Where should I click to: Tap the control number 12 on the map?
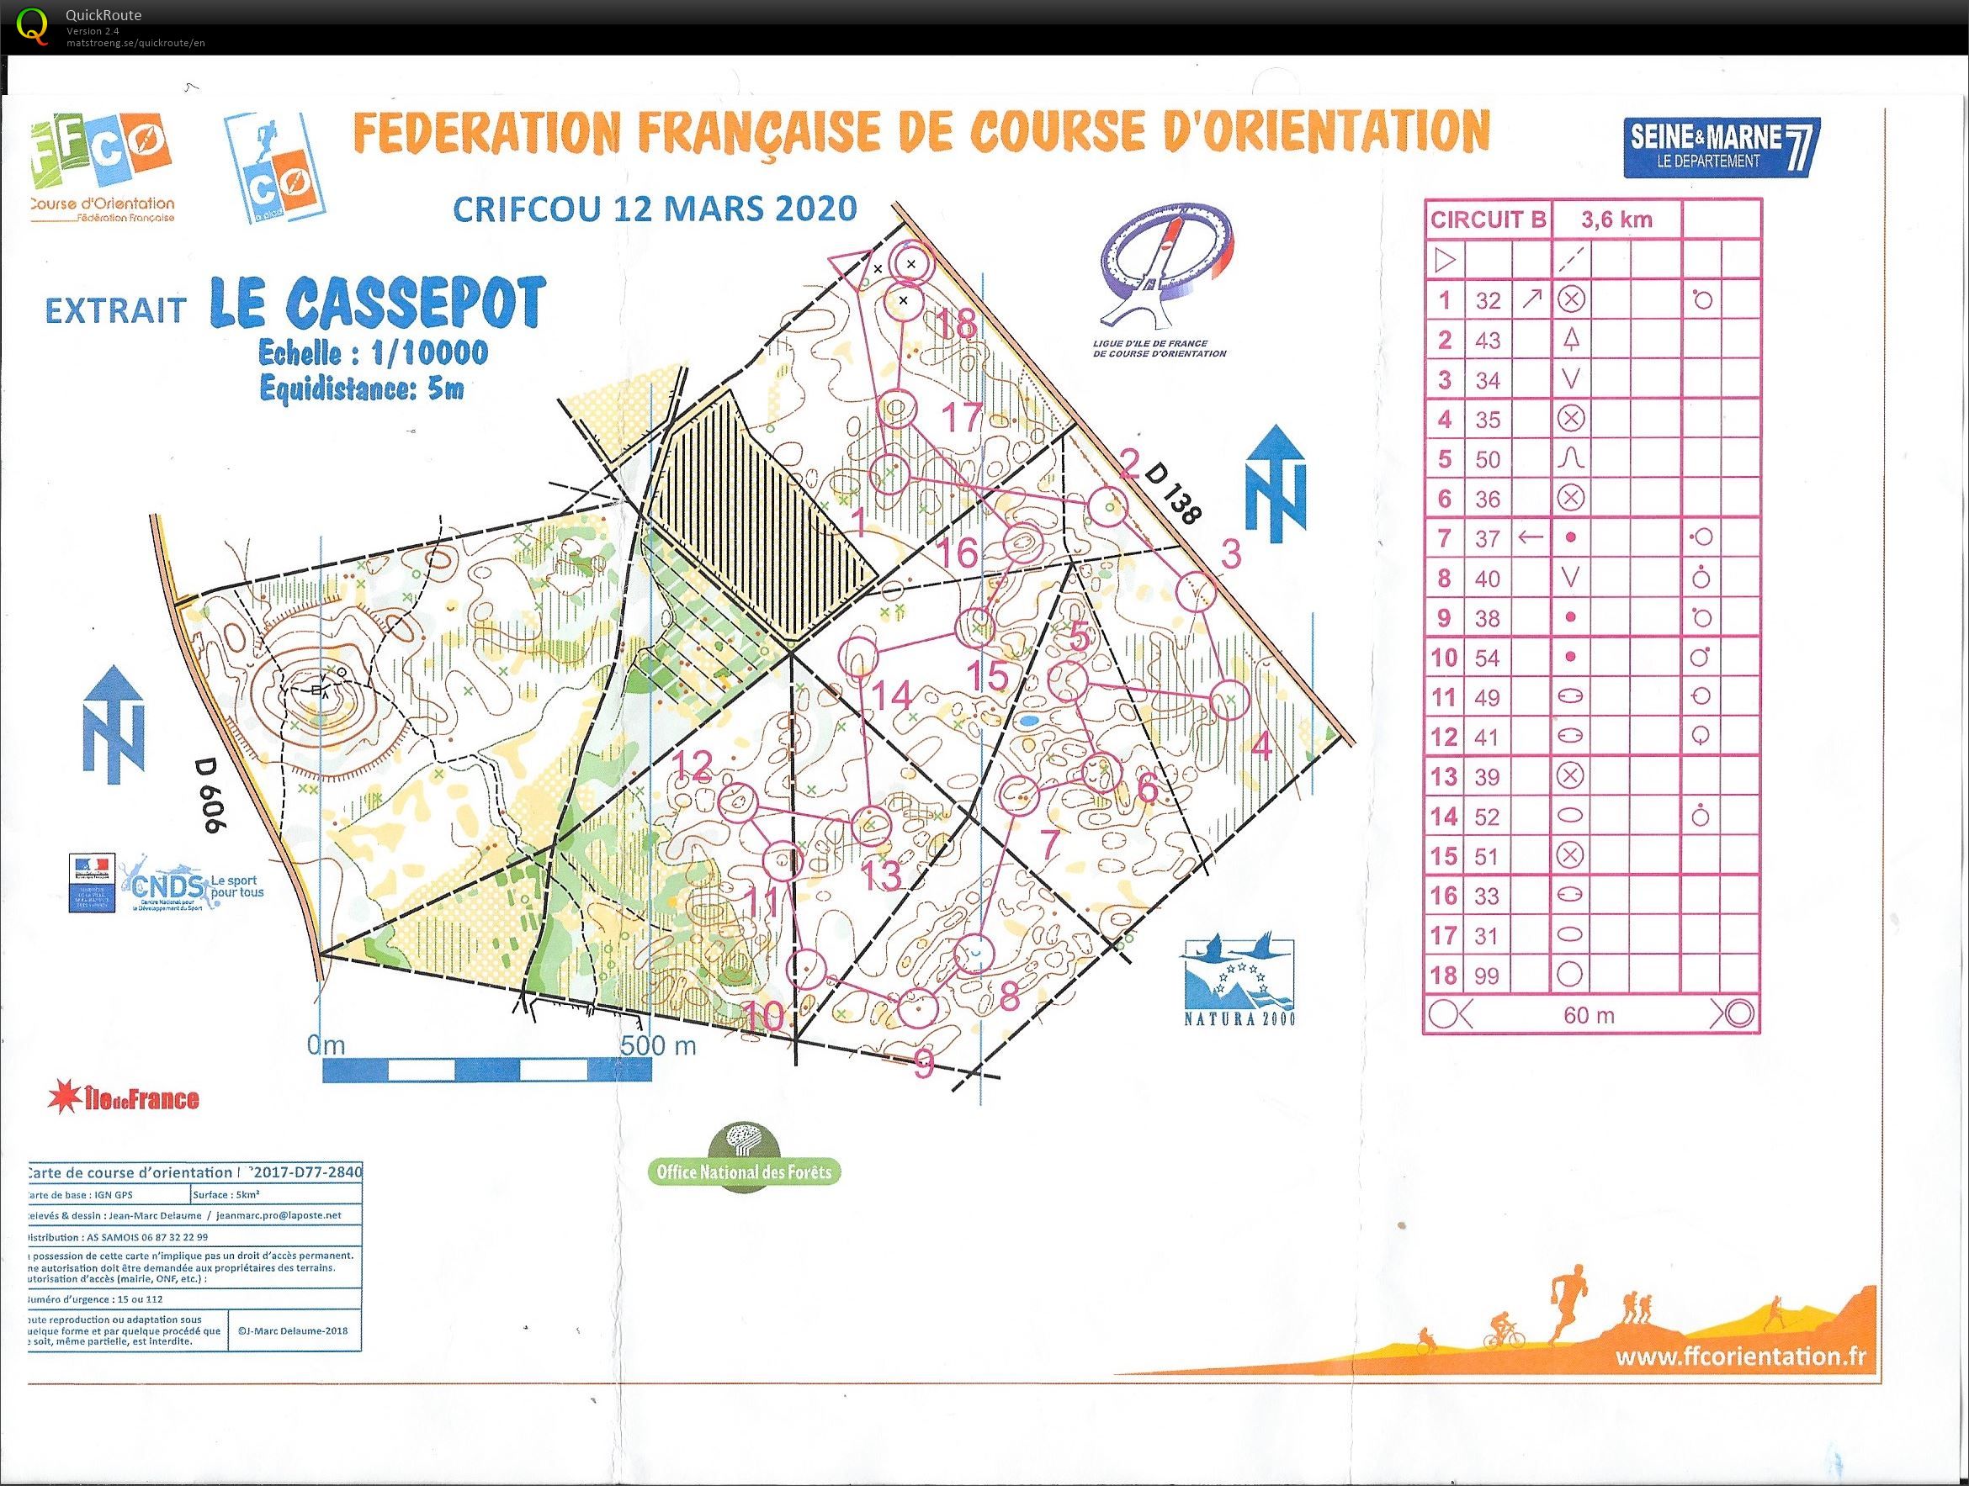[x=693, y=766]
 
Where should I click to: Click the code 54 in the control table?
[x=1488, y=658]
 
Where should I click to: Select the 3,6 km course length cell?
[x=1616, y=219]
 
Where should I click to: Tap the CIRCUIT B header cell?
[x=1488, y=219]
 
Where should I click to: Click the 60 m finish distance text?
[x=1588, y=1015]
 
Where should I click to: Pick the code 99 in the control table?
[x=1488, y=976]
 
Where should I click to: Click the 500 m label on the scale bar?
[x=658, y=1044]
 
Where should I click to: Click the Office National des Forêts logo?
[x=743, y=1155]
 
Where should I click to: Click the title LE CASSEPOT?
[x=379, y=303]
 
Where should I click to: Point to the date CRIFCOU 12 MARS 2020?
[x=655, y=209]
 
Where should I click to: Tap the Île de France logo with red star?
[x=125, y=1098]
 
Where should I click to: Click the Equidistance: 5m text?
[x=361, y=389]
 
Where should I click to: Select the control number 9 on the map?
[x=923, y=1061]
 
